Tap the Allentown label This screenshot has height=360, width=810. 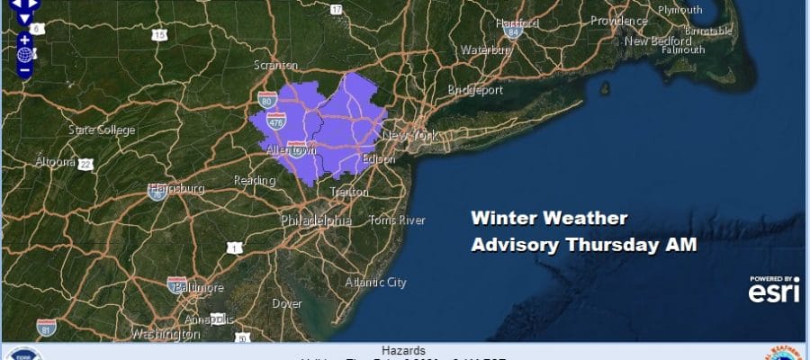click(x=290, y=151)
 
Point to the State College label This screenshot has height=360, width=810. click(x=102, y=130)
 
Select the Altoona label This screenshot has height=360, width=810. click(x=55, y=162)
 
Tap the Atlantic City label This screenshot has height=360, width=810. click(x=376, y=283)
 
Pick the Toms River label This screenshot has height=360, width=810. click(x=397, y=220)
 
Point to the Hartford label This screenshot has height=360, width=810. click(x=516, y=22)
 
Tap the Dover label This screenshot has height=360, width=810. click(x=287, y=303)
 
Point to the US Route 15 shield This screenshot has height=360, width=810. click(x=159, y=35)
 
